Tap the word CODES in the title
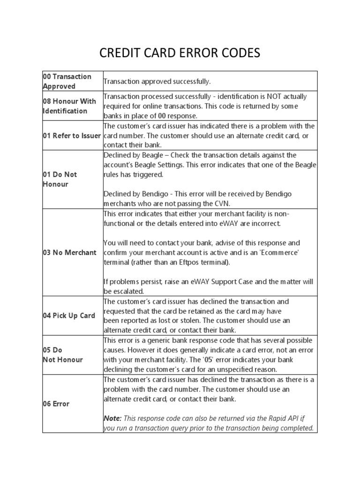point(239,53)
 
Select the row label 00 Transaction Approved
point(67,81)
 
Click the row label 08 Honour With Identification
point(69,106)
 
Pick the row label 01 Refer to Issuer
point(72,136)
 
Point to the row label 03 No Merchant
point(69,252)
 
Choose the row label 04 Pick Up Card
point(68,315)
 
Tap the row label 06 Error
point(56,404)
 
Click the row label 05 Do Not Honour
point(62,354)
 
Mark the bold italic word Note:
point(112,418)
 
